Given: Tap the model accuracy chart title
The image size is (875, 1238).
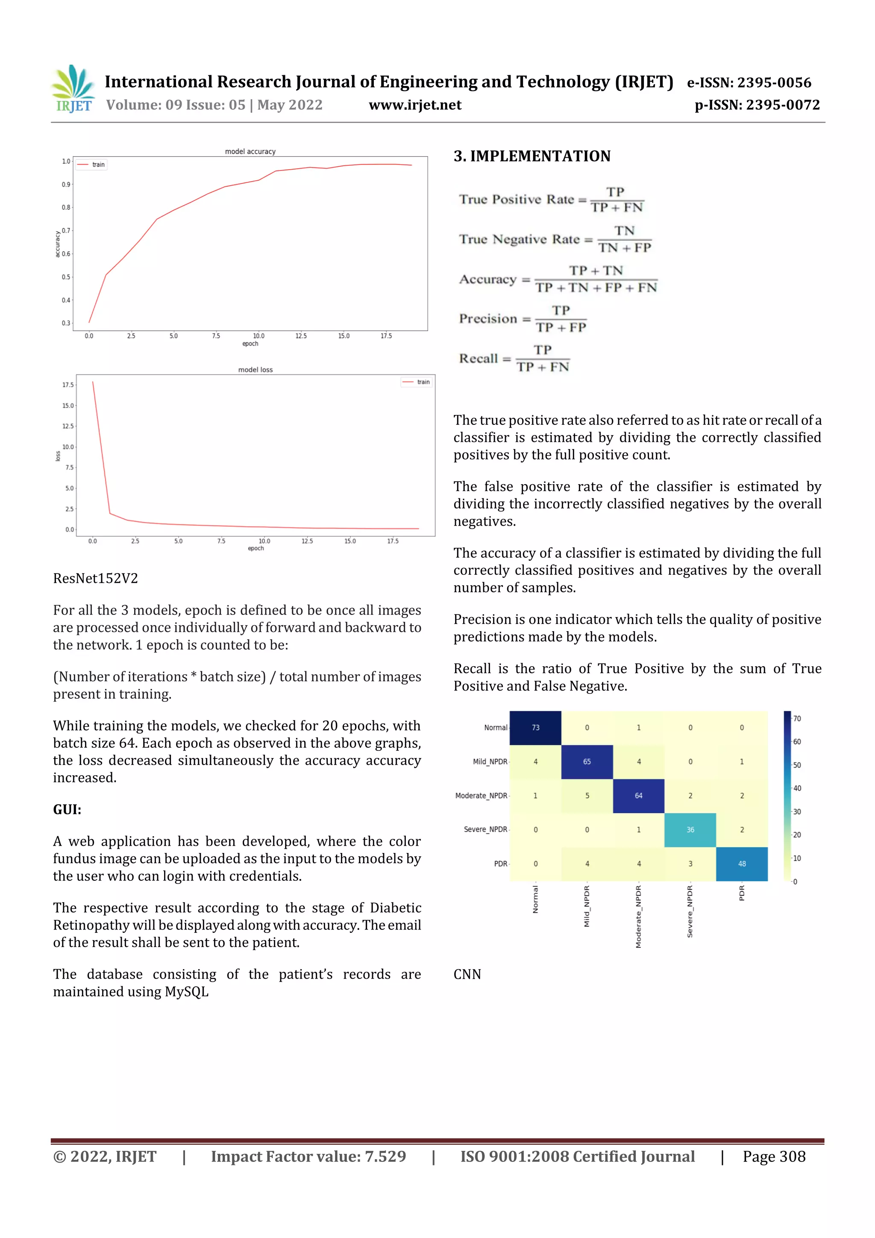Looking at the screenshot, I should point(250,152).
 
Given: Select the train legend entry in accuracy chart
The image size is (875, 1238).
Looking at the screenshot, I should point(92,165).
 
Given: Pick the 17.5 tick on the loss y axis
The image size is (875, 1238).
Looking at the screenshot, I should point(68,385).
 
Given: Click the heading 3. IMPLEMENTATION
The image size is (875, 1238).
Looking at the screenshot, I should point(531,156).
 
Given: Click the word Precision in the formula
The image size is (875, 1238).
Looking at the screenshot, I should point(488,319).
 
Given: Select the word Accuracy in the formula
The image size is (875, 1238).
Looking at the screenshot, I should point(488,279).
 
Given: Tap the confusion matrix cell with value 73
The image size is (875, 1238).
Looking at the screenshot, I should point(535,727).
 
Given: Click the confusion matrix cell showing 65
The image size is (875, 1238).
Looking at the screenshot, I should point(587,762).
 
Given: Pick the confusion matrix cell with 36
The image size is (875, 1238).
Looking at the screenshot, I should point(690,830).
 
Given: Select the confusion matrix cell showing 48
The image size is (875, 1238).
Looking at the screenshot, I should point(741,864).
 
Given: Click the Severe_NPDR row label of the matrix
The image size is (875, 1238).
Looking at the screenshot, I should point(485,829).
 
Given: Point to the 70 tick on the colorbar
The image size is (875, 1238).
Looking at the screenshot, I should point(797,719).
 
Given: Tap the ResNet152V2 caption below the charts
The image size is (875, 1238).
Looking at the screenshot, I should point(95,579).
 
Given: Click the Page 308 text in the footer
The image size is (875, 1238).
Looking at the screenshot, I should point(774,1156).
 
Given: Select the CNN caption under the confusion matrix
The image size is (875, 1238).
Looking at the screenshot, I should point(467,974).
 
